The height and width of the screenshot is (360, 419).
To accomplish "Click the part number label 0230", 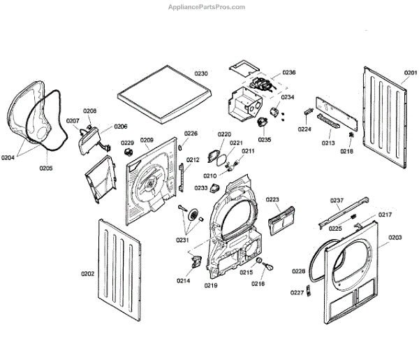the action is click(201, 73).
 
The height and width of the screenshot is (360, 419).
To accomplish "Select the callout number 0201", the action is click(411, 73).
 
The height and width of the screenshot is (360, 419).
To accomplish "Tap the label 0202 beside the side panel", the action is click(88, 274).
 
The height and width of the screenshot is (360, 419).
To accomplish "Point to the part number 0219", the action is click(211, 286).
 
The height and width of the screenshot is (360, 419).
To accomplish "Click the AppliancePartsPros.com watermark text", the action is click(207, 7).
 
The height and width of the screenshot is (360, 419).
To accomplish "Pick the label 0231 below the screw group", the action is click(182, 240).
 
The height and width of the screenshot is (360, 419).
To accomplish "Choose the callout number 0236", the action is click(289, 73).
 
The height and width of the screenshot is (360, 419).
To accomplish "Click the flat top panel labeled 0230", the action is click(164, 94).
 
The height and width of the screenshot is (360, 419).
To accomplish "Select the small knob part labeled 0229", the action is click(128, 152).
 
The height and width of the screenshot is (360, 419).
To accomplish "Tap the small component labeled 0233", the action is click(215, 188).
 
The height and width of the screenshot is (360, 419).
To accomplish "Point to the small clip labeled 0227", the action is click(309, 291).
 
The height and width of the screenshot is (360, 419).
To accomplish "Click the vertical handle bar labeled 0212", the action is click(182, 178).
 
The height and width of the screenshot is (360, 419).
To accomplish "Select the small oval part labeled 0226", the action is click(180, 147).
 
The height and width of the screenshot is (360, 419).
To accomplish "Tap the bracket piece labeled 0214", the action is click(197, 261).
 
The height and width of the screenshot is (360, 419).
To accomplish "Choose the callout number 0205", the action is click(46, 168).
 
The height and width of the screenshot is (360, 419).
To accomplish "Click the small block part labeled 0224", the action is click(308, 111).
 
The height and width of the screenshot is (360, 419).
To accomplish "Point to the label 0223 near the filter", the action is click(272, 199).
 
